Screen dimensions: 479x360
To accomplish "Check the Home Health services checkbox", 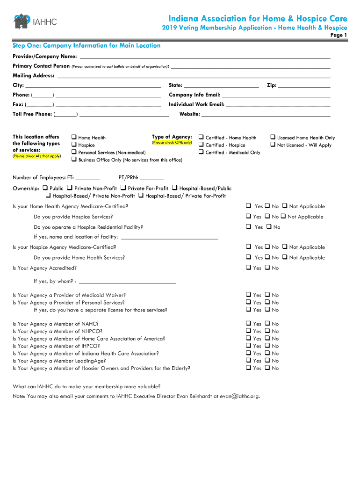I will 74,138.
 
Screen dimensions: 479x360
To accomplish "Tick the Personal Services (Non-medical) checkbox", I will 74,152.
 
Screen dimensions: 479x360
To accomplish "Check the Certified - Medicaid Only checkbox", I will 201,152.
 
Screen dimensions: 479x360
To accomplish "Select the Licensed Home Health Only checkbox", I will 273,138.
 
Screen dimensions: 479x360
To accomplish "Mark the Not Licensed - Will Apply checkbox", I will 273,145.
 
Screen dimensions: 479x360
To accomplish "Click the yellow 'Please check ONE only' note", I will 172,142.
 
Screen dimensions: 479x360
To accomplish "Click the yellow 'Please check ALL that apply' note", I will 36,156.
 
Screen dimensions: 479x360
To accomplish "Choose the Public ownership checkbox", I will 45,188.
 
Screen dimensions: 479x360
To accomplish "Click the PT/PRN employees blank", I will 151,179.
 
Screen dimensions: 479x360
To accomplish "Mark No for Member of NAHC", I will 267,324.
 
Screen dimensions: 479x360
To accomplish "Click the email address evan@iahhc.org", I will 239,396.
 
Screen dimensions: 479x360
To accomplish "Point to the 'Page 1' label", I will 338,35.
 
